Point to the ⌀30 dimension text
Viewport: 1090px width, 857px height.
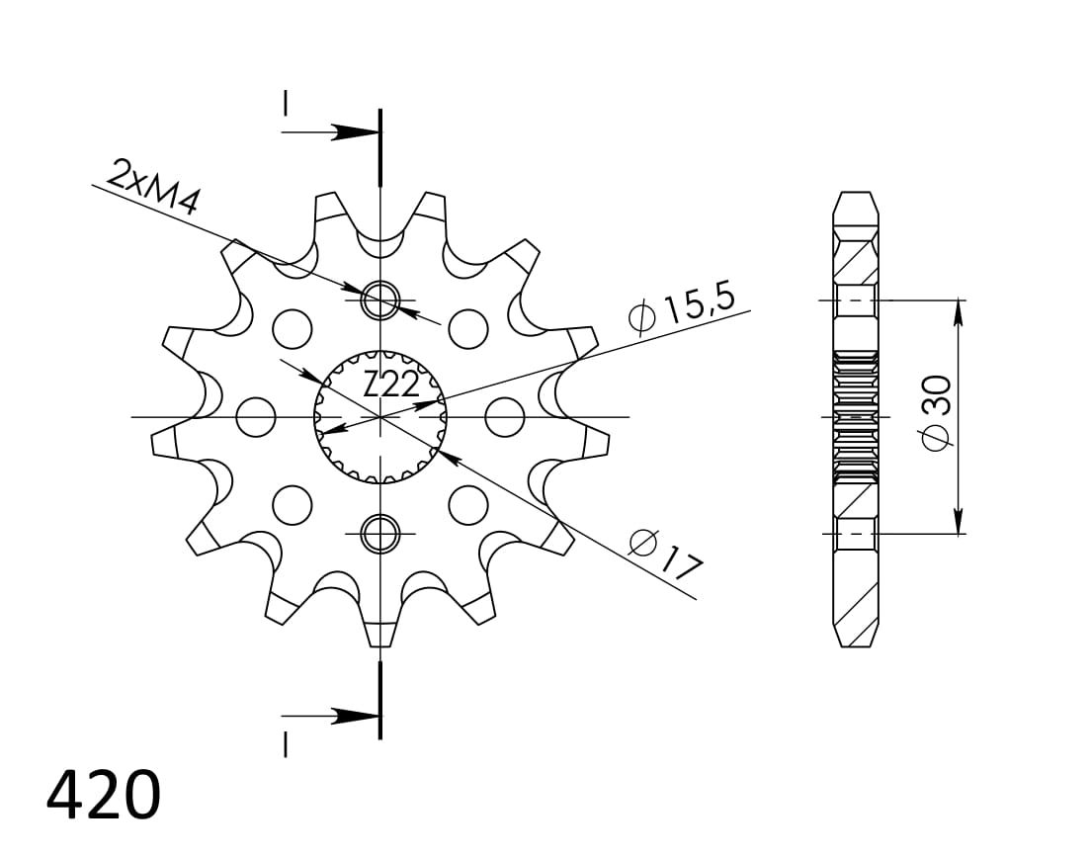click(x=936, y=413)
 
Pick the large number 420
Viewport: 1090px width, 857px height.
click(x=104, y=795)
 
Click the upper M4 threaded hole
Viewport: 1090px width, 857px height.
click(x=380, y=300)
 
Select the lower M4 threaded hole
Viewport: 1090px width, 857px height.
click(x=380, y=533)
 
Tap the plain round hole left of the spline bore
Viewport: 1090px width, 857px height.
click(x=256, y=417)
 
